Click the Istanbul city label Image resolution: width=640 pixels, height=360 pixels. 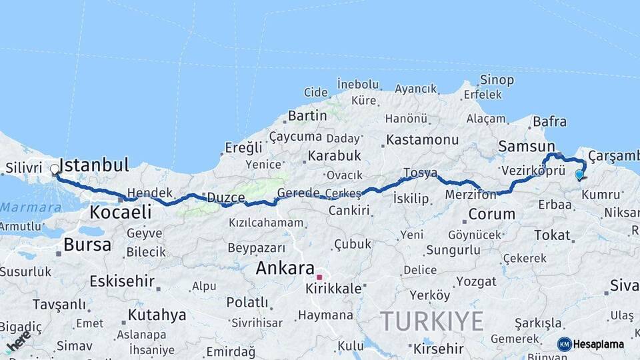click(94, 165)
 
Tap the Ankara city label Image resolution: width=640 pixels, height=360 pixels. click(285, 269)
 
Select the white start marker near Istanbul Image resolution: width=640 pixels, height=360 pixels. click(55, 169)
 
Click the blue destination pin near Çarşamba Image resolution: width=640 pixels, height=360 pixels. click(579, 175)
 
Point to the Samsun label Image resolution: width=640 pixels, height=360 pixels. click(527, 147)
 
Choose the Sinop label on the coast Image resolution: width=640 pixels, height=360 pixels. click(497, 80)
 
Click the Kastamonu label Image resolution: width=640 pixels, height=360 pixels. click(423, 140)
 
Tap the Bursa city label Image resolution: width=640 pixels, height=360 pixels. click(87, 244)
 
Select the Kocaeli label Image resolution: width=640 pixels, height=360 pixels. click(120, 212)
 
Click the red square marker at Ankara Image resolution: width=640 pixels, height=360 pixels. click(319, 277)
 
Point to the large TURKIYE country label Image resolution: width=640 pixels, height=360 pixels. click(432, 321)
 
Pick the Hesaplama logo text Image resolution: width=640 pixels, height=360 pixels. click(598, 344)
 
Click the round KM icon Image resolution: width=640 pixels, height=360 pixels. click(565, 344)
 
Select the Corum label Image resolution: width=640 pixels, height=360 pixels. click(492, 214)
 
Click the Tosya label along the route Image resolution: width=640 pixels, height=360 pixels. click(420, 173)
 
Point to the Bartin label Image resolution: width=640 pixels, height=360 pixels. click(307, 115)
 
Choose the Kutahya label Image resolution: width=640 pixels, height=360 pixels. click(157, 314)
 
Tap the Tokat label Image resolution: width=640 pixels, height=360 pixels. click(552, 235)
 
